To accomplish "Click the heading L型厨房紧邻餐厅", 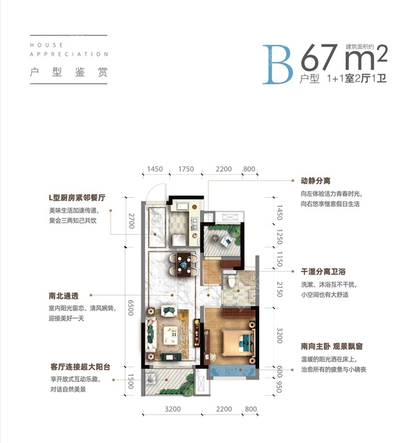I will coord(72,199).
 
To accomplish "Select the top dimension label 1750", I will coord(185,169).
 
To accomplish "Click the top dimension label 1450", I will coord(155,169).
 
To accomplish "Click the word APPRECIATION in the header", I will coord(70,54).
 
